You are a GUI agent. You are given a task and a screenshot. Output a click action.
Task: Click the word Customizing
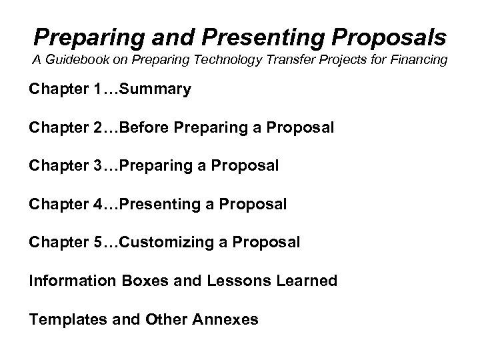point(165,242)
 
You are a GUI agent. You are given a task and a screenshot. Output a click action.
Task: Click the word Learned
point(306,281)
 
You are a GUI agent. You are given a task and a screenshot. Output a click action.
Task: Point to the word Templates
point(65,319)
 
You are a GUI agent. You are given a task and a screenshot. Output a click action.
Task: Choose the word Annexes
point(227,319)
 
